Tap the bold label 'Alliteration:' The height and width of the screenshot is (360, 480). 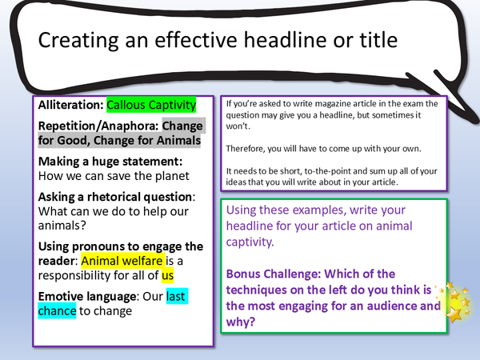tap(66, 105)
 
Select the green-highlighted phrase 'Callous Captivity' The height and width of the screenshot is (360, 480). tap(150, 105)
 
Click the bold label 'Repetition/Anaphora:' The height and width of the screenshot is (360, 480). tap(97, 126)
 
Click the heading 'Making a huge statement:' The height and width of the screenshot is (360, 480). tap(106, 162)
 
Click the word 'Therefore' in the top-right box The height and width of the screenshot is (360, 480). tap(248, 149)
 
